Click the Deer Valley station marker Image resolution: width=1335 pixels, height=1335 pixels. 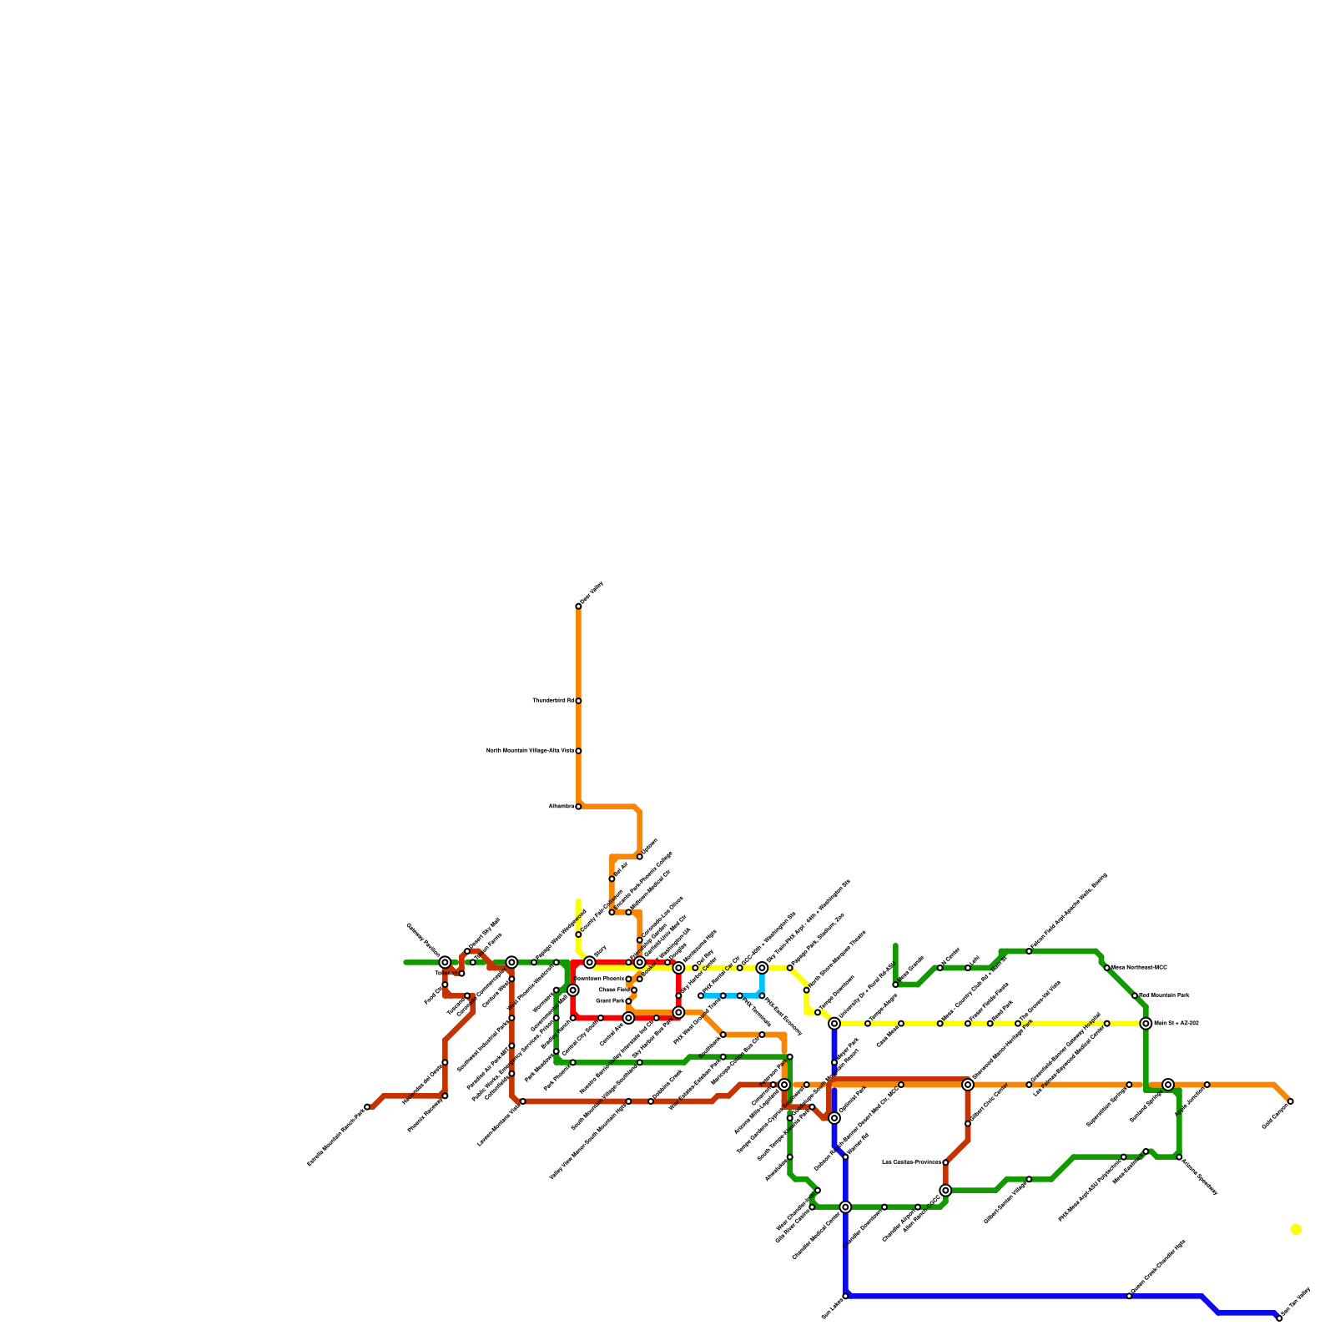578,606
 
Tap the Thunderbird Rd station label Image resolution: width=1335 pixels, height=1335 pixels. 552,700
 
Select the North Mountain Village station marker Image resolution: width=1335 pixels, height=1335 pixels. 578,751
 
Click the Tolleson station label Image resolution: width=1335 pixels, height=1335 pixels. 446,973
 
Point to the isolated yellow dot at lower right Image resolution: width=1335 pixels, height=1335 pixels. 1295,1229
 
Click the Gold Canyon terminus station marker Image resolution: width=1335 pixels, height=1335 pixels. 1291,1101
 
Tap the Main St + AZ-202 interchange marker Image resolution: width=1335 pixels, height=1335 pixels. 1146,1023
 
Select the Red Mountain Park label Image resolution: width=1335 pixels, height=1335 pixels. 1163,995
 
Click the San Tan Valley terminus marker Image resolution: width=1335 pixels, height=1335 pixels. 1279,1318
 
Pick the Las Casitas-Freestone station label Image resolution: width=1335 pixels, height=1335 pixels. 911,1162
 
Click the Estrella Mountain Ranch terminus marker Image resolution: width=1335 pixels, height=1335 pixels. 367,1107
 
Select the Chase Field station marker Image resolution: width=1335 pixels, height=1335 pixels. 634,990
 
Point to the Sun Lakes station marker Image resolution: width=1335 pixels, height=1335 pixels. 845,1296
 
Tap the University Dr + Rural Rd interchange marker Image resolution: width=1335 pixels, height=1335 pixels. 834,1023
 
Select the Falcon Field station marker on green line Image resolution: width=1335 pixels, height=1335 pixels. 1029,951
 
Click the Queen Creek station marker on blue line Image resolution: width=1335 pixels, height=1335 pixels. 1129,1296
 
